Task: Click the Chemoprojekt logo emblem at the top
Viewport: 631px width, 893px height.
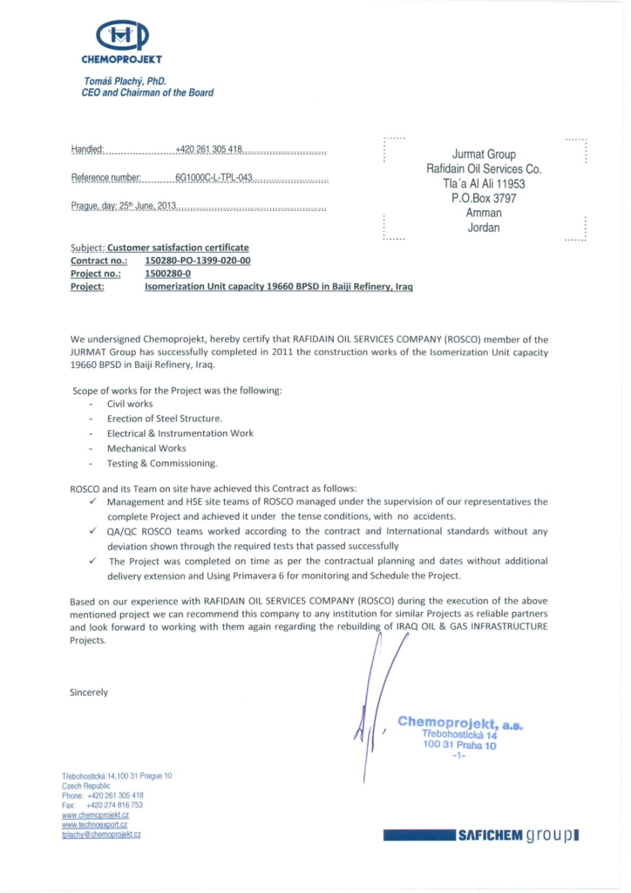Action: [x=122, y=37]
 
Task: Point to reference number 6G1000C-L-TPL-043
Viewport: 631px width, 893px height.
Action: [x=214, y=178]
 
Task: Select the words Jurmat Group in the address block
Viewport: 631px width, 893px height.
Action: [x=484, y=154]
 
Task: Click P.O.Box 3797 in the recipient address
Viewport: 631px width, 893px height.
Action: [x=484, y=199]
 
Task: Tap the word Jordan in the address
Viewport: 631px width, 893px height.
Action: [x=484, y=228]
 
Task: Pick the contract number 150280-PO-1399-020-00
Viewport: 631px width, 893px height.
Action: [x=198, y=261]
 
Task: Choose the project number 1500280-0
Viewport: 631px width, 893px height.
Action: [x=167, y=273]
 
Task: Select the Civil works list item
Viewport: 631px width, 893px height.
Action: [x=130, y=404]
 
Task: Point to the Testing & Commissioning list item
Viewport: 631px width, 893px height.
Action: [x=162, y=463]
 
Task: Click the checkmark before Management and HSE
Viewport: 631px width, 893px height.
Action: [x=93, y=501]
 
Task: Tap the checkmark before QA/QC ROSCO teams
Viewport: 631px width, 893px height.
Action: [x=93, y=530]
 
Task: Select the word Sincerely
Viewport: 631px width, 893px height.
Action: [x=89, y=692]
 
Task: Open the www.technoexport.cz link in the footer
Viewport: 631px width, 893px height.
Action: [x=95, y=824]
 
